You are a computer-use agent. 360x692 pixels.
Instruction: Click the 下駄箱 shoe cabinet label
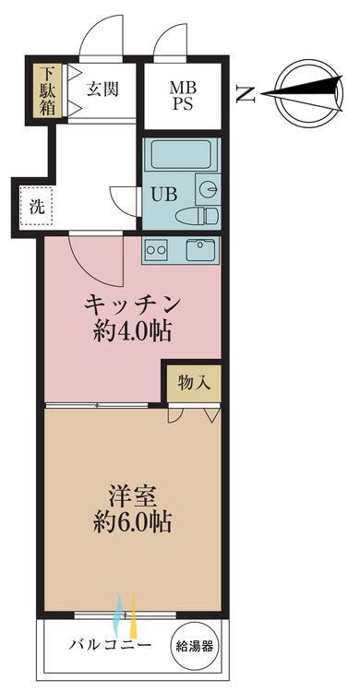pos(47,91)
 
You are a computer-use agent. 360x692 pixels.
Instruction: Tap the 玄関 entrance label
pos(102,89)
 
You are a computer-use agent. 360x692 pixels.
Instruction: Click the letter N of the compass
pos(246,94)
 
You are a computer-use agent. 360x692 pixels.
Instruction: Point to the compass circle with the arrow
pos(309,93)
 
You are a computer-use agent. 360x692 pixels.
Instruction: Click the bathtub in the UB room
pos(181,154)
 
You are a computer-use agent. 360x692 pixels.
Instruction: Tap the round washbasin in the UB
pos(208,190)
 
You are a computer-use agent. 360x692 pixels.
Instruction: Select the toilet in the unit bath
pos(197,216)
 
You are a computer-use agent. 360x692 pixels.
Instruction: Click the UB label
pos(164,194)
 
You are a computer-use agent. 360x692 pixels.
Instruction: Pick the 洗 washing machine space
pos(37,207)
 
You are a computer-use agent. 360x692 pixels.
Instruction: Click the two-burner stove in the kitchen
pos(155,250)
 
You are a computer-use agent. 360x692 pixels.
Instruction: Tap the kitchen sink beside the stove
pos(201,250)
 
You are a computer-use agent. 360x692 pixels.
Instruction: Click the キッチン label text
pos(132,304)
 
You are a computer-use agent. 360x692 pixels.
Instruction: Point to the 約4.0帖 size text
pos(132,331)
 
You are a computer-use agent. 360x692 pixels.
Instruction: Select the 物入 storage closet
pos(194,383)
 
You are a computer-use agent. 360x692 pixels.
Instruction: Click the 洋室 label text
pos(132,495)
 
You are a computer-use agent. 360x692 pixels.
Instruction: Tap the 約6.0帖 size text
pos(132,523)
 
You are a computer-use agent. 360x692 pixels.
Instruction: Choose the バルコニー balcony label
pos(110,645)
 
